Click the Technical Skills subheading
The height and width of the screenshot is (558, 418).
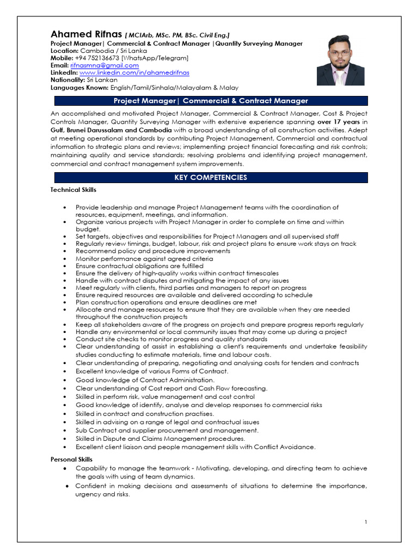click(x=73, y=190)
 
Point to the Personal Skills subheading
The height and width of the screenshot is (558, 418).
click(x=71, y=459)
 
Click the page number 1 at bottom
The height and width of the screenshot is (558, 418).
click(x=366, y=522)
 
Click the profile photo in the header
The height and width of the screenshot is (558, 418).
click(x=340, y=60)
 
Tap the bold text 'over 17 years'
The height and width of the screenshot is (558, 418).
click(x=339, y=122)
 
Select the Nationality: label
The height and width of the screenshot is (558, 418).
click(x=68, y=80)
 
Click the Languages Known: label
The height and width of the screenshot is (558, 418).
click(x=80, y=87)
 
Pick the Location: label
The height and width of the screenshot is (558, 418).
click(x=65, y=51)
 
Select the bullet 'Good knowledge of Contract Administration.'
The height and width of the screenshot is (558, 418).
click(x=145, y=380)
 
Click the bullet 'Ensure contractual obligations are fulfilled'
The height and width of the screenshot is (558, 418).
click(x=139, y=266)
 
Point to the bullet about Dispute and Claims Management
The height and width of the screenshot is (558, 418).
click(x=160, y=438)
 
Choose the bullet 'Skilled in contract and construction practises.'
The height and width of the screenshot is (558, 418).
click(x=145, y=414)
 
